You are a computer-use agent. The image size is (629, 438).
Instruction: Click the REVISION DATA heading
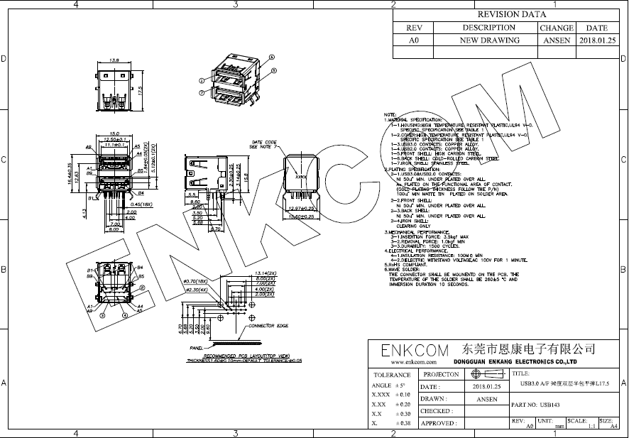[x=510, y=14]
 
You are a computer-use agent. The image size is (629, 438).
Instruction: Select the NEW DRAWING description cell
[x=489, y=40]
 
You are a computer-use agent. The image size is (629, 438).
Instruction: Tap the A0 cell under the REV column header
[x=414, y=40]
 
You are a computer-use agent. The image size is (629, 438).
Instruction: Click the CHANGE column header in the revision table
[x=556, y=28]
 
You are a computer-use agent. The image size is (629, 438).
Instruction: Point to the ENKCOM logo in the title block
[x=415, y=351]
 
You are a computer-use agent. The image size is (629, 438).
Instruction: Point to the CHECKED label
[x=436, y=411]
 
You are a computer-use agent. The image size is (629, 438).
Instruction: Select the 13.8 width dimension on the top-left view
[x=114, y=60]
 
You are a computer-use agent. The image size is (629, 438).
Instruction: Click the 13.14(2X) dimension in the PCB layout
[x=254, y=273]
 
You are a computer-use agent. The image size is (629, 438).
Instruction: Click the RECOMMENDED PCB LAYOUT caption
[x=244, y=354]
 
